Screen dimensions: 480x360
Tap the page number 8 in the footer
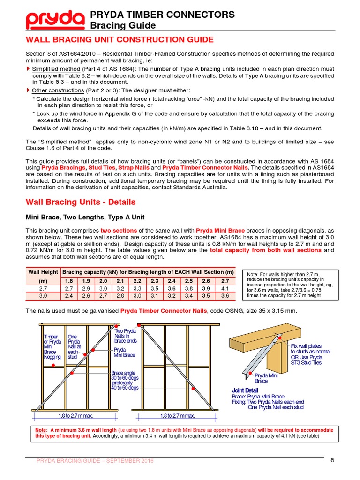pyautogui.click(x=332, y=460)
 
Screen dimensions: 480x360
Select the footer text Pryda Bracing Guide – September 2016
pyautogui.click(x=95, y=461)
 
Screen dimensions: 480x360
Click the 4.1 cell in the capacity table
pyautogui.click(x=225, y=288)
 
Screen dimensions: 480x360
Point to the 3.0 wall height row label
pyautogui.click(x=43, y=296)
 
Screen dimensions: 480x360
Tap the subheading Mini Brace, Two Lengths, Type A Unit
pyautogui.click(x=85, y=217)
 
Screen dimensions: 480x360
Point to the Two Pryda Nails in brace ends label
pyautogui.click(x=125, y=336)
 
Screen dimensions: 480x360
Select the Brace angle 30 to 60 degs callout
pyautogui.click(x=125, y=380)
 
